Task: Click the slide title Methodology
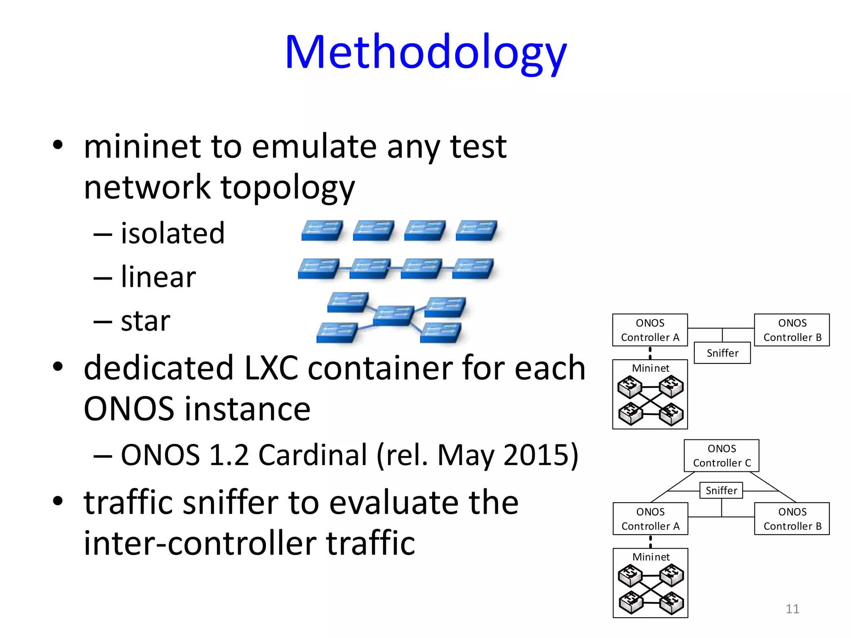tap(425, 53)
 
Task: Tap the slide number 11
tap(792, 609)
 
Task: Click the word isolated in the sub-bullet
tap(172, 233)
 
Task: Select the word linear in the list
tap(158, 277)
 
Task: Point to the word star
tap(145, 321)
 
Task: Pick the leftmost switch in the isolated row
tap(322, 231)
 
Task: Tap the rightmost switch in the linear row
tap(473, 269)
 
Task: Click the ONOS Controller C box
tap(721, 456)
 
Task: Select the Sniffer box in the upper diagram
tap(722, 353)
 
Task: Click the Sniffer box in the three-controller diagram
tap(721, 491)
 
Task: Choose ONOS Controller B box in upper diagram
tap(792, 330)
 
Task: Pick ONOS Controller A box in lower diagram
tap(650, 519)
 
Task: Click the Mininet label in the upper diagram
tap(650, 368)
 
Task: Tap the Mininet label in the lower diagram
tap(651, 557)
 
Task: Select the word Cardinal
tap(312, 455)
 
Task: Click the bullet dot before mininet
tap(58, 145)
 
